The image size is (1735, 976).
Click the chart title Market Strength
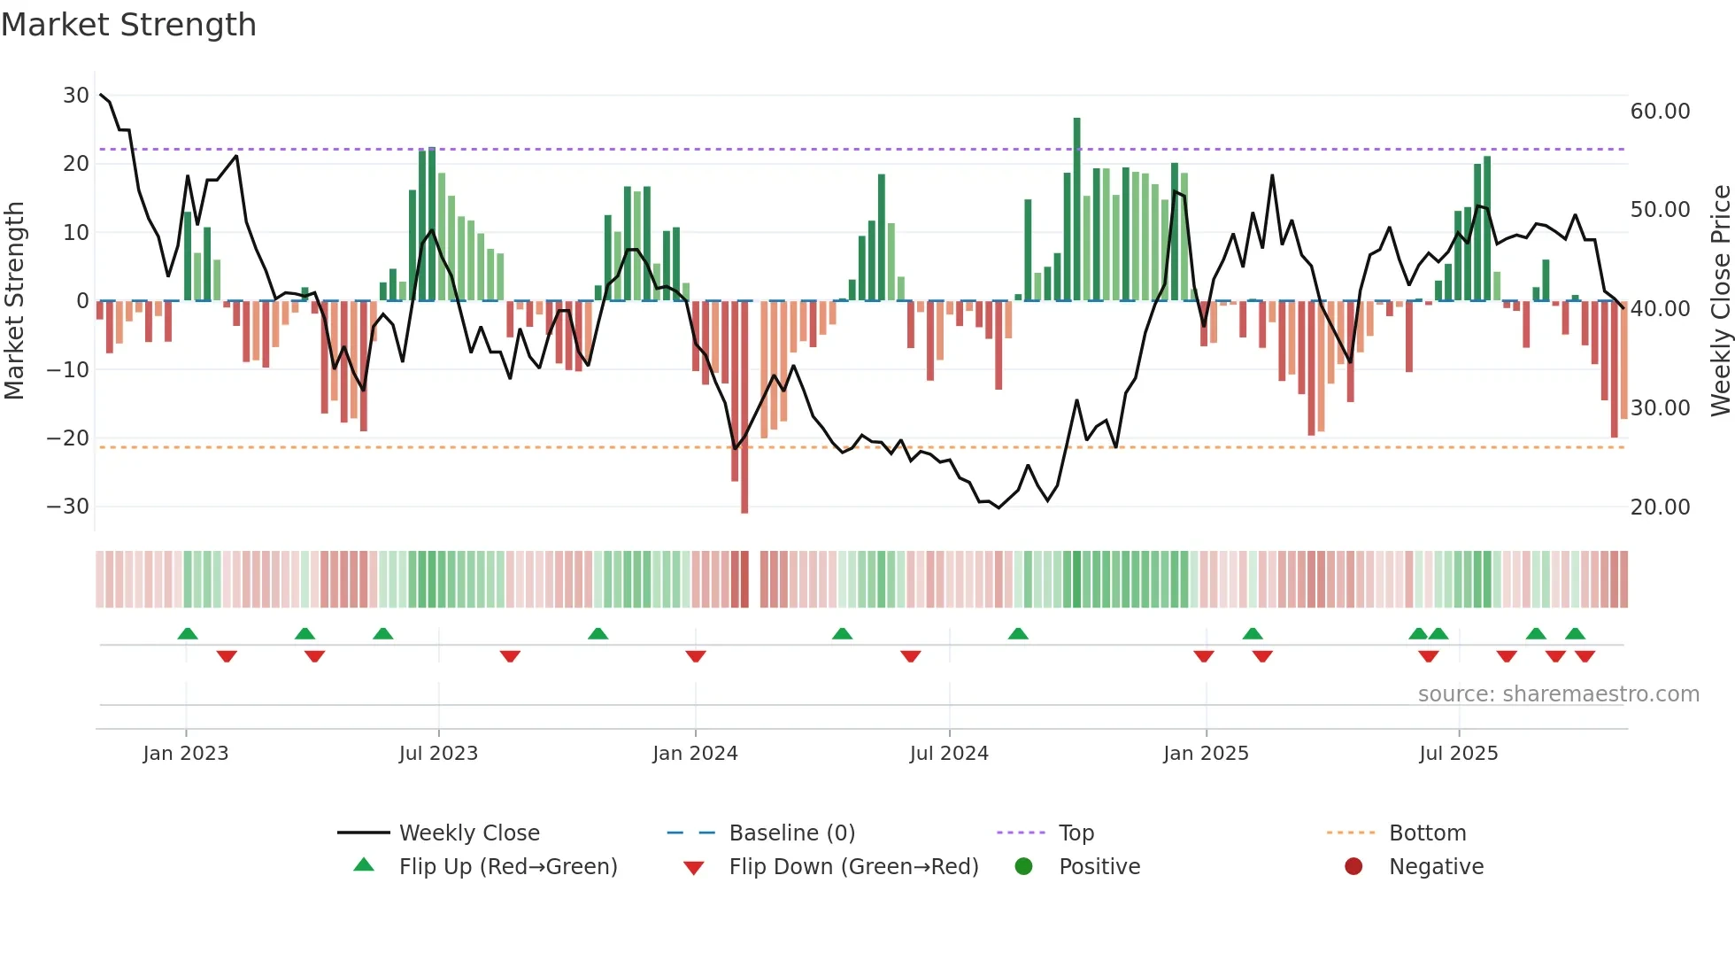[128, 25]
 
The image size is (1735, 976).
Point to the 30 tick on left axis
[76, 96]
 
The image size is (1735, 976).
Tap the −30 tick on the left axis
[69, 507]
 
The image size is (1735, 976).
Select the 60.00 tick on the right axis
[1660, 112]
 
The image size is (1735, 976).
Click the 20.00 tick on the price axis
[1660, 507]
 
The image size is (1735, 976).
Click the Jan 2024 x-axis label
[695, 754]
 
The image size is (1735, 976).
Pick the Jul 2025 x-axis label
[1458, 754]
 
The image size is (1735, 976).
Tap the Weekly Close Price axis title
[1720, 301]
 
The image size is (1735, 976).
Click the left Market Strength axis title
[14, 301]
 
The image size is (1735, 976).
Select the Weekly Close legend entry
[469, 833]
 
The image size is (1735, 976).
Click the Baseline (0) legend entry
[791, 833]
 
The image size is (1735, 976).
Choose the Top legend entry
[1076, 833]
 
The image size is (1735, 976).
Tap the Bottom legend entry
[1427, 833]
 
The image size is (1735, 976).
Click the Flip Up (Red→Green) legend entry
[507, 867]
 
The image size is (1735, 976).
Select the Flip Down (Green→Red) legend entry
[853, 867]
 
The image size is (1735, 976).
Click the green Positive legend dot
[1024, 867]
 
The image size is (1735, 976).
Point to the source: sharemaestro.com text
[1558, 694]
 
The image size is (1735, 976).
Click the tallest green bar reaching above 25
[1077, 208]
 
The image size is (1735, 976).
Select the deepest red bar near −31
[744, 407]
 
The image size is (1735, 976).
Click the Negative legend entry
[1436, 867]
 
